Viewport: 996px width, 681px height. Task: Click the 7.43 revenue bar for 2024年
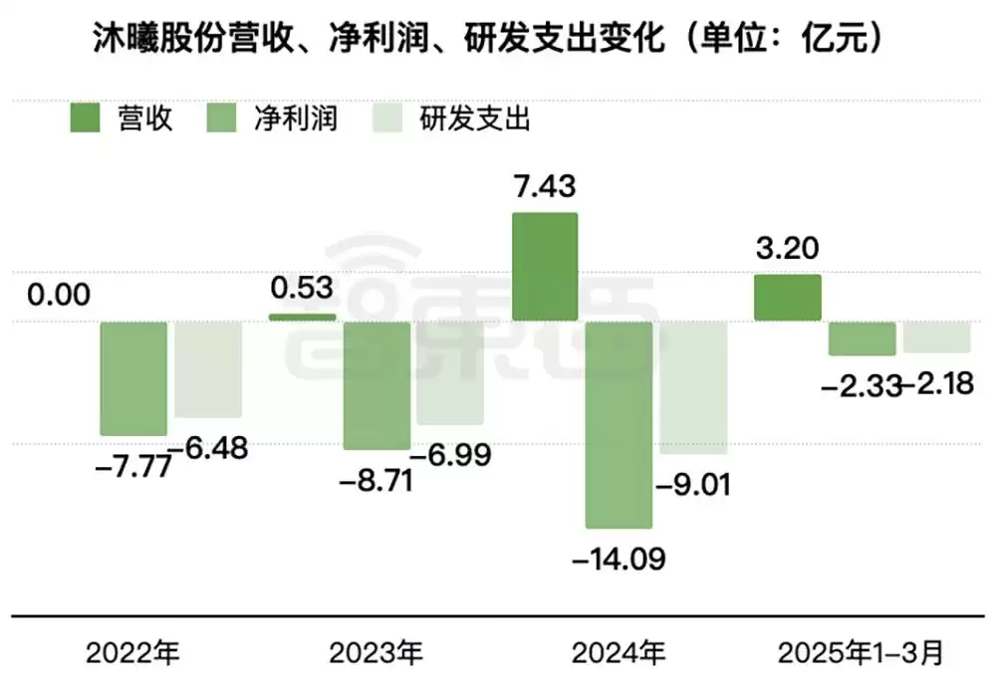545,266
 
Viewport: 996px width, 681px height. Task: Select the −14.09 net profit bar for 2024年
619,424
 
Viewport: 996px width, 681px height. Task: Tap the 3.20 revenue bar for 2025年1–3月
787,298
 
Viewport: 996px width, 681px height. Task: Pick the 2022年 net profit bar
133,378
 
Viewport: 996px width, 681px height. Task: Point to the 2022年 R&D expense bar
208,369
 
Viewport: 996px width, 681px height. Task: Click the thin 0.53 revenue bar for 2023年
303,317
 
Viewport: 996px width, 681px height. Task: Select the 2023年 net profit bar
376,385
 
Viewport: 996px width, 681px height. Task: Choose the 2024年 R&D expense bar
693,387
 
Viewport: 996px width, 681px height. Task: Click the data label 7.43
544,186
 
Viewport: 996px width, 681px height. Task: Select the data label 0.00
59,295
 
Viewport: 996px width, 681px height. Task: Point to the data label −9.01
693,485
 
